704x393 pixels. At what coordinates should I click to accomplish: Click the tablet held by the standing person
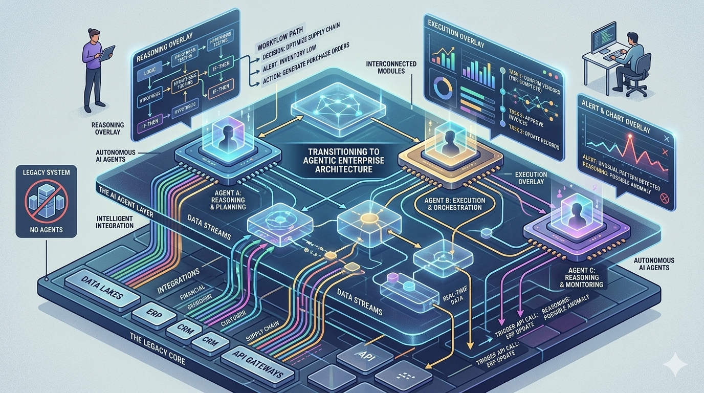[107, 53]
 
